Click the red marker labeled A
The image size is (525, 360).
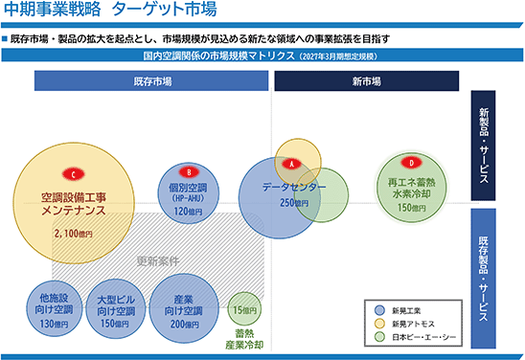(x=291, y=164)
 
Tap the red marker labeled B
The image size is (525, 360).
(x=189, y=172)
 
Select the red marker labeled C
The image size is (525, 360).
(x=74, y=174)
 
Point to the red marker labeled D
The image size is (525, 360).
(x=412, y=163)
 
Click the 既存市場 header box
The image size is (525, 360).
(x=151, y=80)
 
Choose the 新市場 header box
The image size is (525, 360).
(x=367, y=80)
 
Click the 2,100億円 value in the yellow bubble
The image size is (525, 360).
(x=74, y=234)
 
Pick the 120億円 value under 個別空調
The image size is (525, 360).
(x=188, y=212)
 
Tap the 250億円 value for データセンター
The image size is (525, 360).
(x=294, y=203)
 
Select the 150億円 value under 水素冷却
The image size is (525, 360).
(x=412, y=208)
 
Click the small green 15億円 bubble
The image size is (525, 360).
(x=244, y=309)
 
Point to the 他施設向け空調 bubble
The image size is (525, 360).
(x=55, y=308)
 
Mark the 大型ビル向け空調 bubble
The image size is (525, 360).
(x=116, y=309)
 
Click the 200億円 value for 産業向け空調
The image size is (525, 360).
(x=185, y=324)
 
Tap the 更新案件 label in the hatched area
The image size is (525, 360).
(x=158, y=261)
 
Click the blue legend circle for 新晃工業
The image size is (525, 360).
(x=379, y=310)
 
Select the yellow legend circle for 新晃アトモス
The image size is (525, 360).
(x=379, y=324)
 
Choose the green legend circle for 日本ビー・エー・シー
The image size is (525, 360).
(x=379, y=337)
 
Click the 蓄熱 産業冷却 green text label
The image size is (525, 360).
(x=244, y=339)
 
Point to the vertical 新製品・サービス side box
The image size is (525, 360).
(x=483, y=146)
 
